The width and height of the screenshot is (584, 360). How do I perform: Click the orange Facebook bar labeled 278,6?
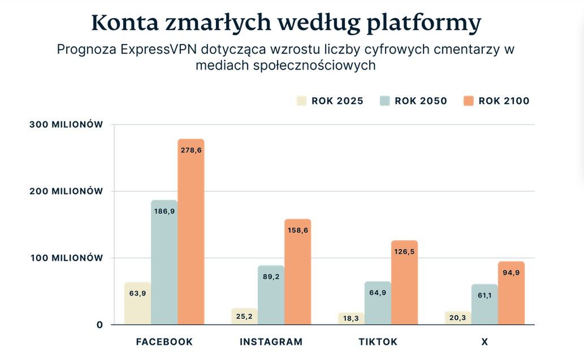tap(191, 232)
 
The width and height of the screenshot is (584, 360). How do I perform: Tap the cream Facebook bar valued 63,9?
tap(137, 303)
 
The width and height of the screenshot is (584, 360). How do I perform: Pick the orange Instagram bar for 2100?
tap(297, 271)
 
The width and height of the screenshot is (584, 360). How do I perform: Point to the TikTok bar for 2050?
tap(378, 303)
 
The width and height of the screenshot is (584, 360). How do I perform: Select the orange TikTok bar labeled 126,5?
tap(404, 283)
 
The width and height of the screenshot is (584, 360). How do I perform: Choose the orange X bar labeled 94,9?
tap(511, 293)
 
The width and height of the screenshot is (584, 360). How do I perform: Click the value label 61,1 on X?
tap(484, 294)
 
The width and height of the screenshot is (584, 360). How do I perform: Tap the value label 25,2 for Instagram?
tap(244, 316)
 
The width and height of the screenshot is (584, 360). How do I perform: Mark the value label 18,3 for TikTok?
tap(351, 319)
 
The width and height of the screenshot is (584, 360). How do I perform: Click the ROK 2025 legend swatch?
tap(301, 101)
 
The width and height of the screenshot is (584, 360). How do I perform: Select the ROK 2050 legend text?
tap(421, 101)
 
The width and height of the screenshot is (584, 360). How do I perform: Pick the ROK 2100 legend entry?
tap(496, 101)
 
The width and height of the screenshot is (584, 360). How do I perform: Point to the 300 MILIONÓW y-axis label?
tap(66, 124)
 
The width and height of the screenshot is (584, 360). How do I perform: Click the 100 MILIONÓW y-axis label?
tap(66, 258)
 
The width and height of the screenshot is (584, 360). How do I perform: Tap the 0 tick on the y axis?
tap(100, 324)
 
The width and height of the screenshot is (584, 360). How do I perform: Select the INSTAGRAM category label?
tap(271, 342)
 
